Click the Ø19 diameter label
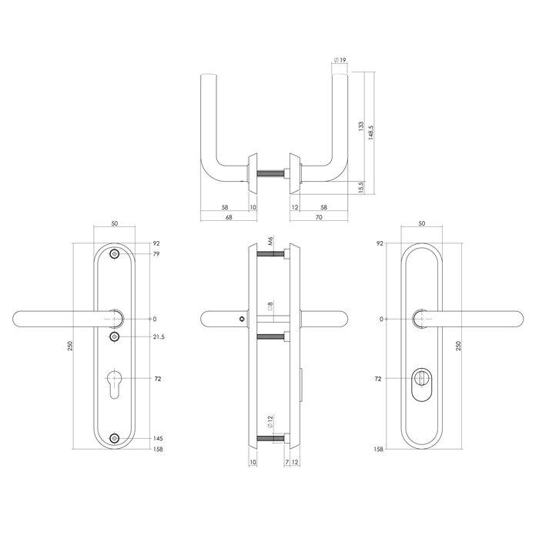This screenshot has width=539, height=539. click(340, 59)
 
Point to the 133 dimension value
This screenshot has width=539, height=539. click(361, 126)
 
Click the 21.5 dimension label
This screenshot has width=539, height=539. click(159, 337)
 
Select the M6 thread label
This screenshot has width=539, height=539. click(270, 243)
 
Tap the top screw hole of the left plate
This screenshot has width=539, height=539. click(115, 254)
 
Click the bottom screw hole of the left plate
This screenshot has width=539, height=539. click(115, 439)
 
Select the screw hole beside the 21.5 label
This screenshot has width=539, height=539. click(115, 337)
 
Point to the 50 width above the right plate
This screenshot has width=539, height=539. click(423, 223)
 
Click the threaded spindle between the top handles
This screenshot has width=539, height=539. click(273, 172)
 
